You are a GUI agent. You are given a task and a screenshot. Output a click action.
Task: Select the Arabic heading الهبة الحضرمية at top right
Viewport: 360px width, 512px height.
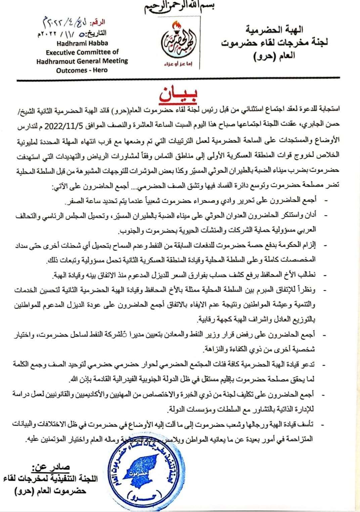279,30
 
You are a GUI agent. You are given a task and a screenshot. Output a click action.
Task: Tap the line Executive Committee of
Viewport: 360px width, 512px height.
83,52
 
